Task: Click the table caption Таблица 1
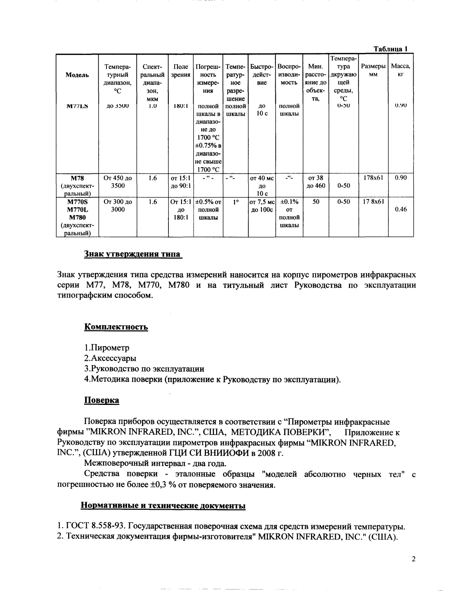390,49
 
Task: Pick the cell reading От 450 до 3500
118,182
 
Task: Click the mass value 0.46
400,209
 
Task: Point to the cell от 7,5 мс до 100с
262,206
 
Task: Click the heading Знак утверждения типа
132,254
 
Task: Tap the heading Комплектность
116,327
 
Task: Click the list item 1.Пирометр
107,348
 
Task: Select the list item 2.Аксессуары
110,358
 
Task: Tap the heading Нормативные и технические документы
163,506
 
